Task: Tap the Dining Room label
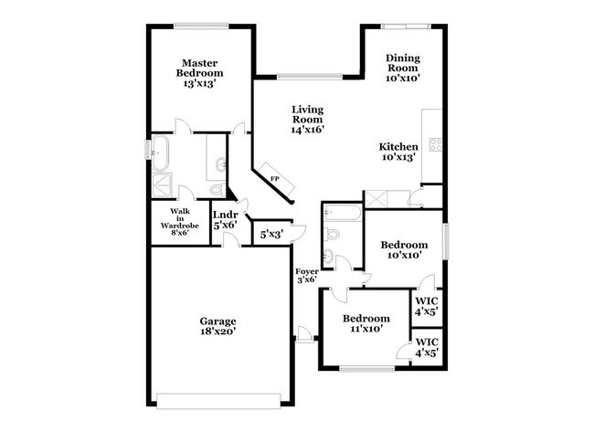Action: click(401, 68)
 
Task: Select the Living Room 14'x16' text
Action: click(307, 120)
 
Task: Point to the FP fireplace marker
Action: click(273, 178)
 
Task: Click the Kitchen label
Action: click(399, 152)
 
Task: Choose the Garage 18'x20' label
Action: click(218, 327)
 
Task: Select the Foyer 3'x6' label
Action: click(305, 277)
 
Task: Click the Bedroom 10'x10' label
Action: click(404, 250)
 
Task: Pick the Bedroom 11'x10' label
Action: click(366, 323)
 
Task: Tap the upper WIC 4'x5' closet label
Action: click(427, 306)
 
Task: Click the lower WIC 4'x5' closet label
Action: click(427, 347)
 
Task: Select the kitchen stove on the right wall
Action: click(436, 144)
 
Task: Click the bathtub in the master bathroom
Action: click(162, 153)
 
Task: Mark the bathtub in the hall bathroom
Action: click(345, 216)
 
